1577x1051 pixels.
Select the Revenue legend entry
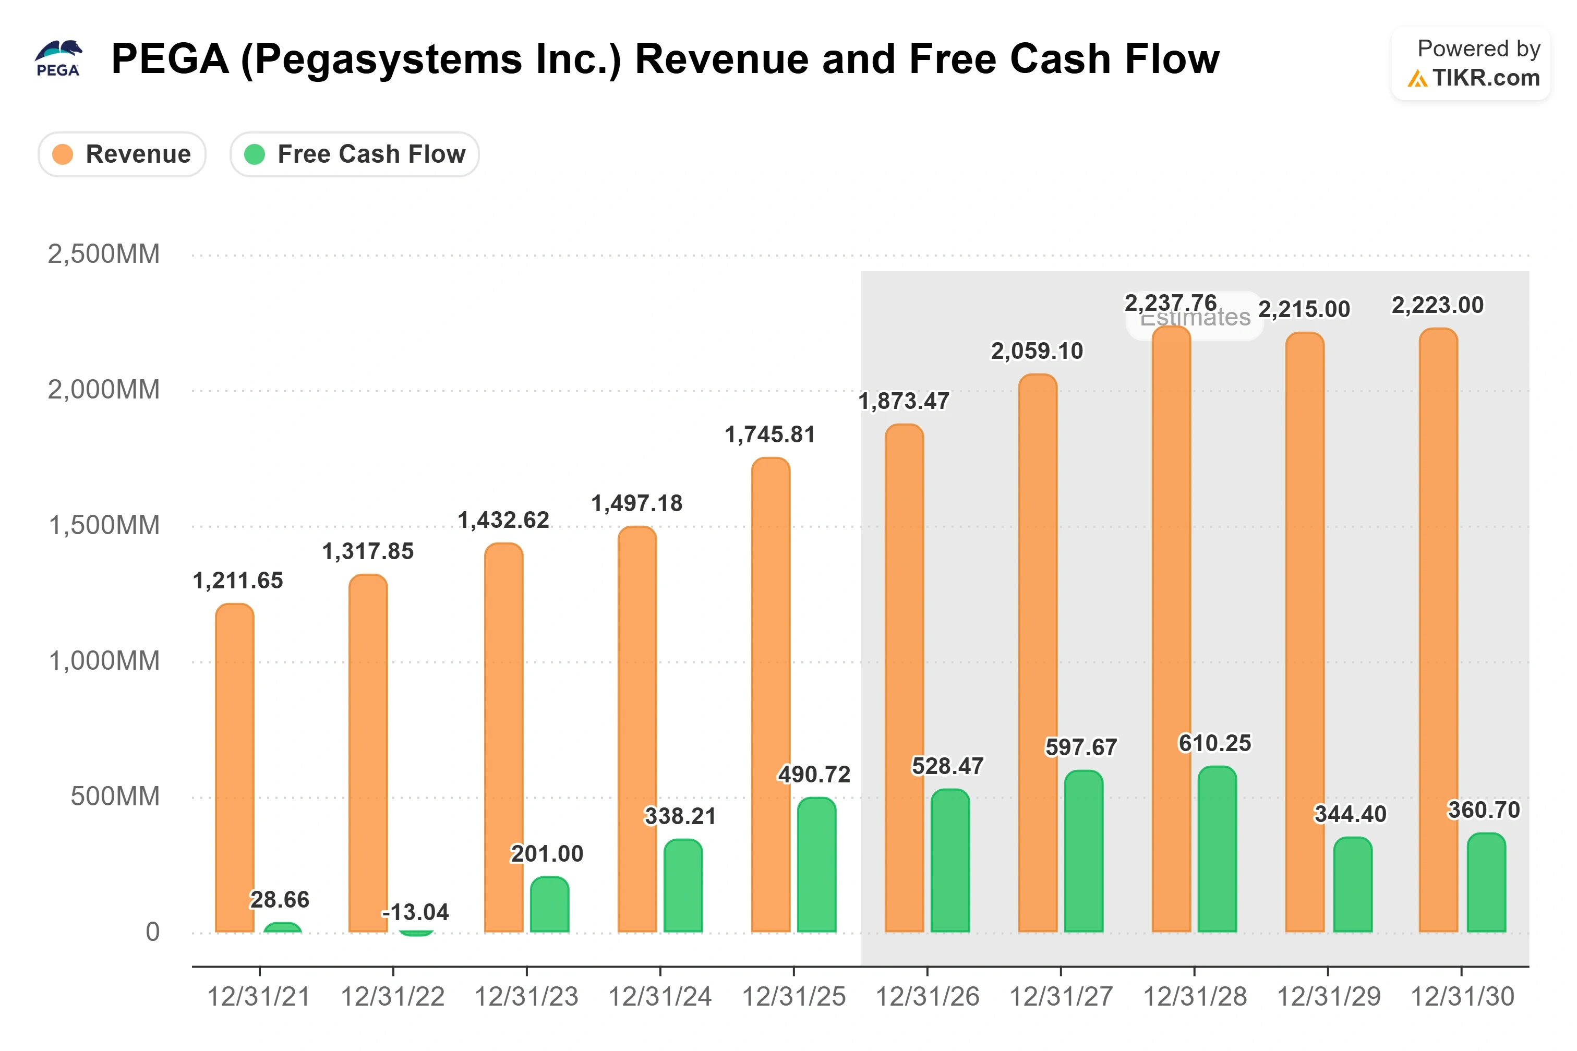[122, 154]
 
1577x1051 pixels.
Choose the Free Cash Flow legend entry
[355, 154]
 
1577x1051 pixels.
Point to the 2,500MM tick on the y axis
[104, 254]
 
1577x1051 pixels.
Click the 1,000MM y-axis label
[104, 661]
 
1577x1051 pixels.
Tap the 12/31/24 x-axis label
[659, 997]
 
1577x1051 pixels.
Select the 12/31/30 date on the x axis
[1462, 997]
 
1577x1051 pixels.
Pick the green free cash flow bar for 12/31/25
[816, 865]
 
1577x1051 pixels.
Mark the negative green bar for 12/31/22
[416, 934]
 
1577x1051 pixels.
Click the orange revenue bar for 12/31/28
[1171, 629]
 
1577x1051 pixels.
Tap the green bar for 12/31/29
[1353, 885]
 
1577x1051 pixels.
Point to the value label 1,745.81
[770, 435]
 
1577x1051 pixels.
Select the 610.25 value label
[1215, 743]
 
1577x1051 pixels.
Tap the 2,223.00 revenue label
[1438, 306]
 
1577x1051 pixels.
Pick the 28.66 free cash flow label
[280, 900]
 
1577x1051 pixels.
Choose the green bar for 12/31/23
[549, 904]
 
